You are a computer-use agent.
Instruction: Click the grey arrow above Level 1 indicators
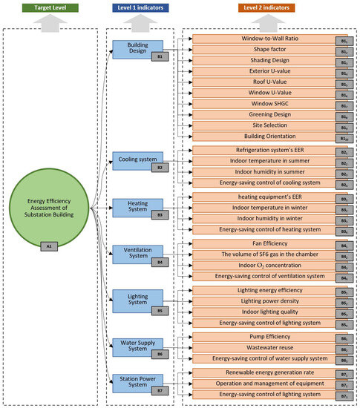click(140, 24)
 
